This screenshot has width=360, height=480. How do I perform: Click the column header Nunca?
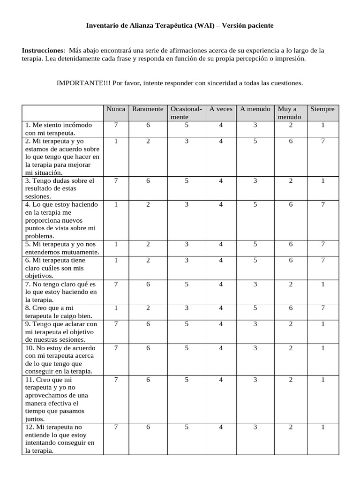(x=116, y=109)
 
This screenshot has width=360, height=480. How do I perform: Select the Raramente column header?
(x=148, y=109)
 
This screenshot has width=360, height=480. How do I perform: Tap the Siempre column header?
(x=322, y=109)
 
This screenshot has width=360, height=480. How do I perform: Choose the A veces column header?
(x=221, y=109)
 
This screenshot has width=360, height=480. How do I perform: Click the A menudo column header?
(x=255, y=109)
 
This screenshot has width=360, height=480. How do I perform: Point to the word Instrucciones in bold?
(x=43, y=50)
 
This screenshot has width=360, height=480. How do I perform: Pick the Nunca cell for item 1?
(x=116, y=125)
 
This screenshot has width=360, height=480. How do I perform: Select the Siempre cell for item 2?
(x=322, y=141)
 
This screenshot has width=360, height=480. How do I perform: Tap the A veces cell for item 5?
(x=221, y=244)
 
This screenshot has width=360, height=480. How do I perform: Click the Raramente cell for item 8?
(x=148, y=308)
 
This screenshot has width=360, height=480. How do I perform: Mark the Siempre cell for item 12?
(x=322, y=427)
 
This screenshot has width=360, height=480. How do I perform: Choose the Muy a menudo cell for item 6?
(x=291, y=260)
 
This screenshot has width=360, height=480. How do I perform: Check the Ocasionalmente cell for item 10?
(x=187, y=348)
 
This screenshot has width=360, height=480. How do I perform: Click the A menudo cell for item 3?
(x=255, y=180)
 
